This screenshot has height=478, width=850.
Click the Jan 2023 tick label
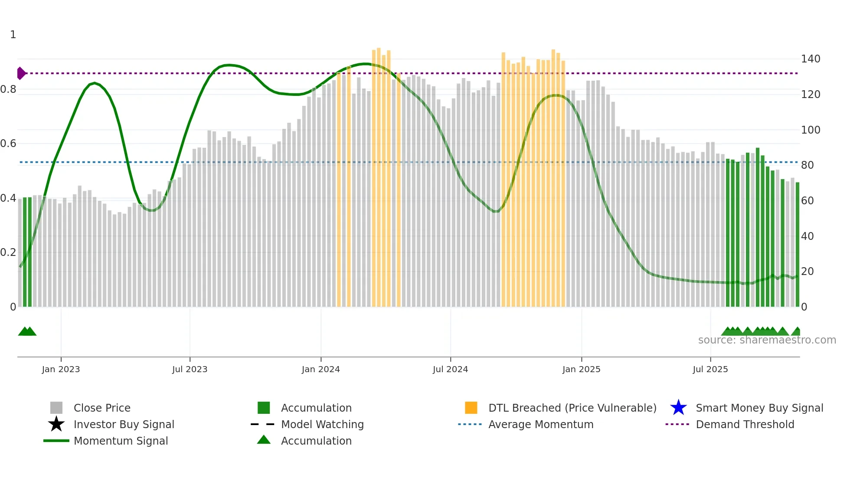pyautogui.click(x=61, y=369)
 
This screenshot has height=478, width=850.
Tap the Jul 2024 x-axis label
pyautogui.click(x=450, y=369)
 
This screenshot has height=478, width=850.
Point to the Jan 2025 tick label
pyautogui.click(x=581, y=369)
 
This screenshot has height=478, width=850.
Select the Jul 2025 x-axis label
pyautogui.click(x=710, y=369)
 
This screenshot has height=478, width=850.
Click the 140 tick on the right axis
pyautogui.click(x=811, y=59)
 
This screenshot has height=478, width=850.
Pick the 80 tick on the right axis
pyautogui.click(x=807, y=165)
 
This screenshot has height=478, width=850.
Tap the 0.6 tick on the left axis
pyautogui.click(x=8, y=144)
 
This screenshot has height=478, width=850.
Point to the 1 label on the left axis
pyautogui.click(x=13, y=35)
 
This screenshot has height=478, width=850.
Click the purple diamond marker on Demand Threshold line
pyautogui.click(x=21, y=73)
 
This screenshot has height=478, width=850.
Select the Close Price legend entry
pyautogui.click(x=102, y=408)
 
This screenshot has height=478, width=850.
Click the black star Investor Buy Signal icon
pyautogui.click(x=56, y=424)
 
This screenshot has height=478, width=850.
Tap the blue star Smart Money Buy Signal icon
pyautogui.click(x=678, y=408)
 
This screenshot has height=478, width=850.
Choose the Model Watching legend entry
pyautogui.click(x=322, y=424)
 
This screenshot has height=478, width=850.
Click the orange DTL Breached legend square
pyautogui.click(x=471, y=408)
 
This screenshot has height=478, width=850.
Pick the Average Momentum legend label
pyautogui.click(x=541, y=424)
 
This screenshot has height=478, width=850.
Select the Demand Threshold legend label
pyautogui.click(x=745, y=424)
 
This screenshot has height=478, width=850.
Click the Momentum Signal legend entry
pyautogui.click(x=121, y=441)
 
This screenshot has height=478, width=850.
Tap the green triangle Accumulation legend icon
pyautogui.click(x=264, y=440)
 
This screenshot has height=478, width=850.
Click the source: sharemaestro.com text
pyautogui.click(x=767, y=340)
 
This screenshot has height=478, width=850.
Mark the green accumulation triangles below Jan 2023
pyautogui.click(x=27, y=332)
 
